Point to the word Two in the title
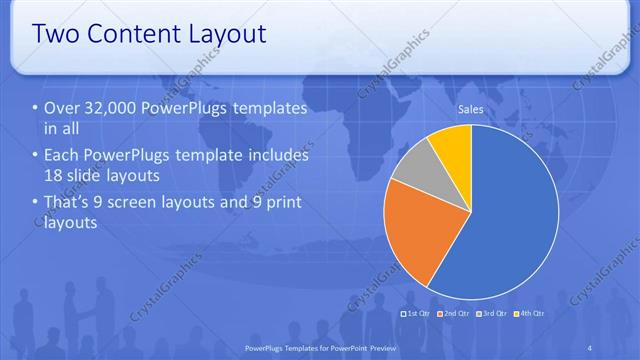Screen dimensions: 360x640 [x=55, y=33]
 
